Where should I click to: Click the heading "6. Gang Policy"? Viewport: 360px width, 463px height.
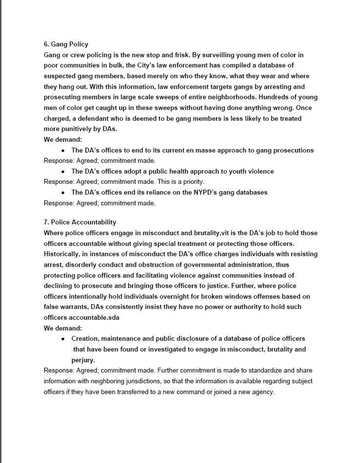click(66, 44)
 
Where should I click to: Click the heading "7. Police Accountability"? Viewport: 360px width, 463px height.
click(80, 222)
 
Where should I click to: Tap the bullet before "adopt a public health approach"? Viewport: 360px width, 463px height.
click(64, 172)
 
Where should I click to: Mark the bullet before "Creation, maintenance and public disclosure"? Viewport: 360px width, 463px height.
click(64, 339)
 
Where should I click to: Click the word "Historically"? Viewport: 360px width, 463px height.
click(64, 254)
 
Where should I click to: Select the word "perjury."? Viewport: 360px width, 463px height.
click(83, 360)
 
